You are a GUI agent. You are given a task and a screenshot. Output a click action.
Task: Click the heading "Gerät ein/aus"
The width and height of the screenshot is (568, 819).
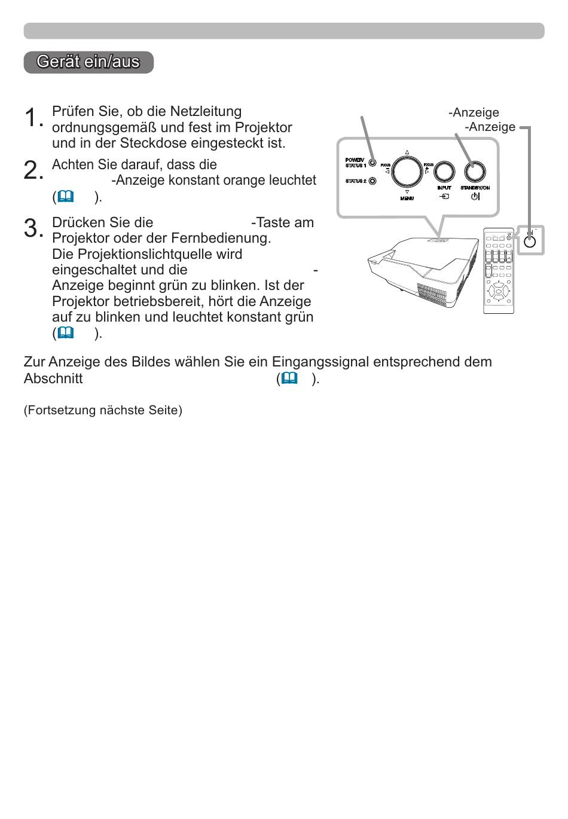tap(88, 62)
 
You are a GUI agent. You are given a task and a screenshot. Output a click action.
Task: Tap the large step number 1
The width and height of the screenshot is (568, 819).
tap(33, 117)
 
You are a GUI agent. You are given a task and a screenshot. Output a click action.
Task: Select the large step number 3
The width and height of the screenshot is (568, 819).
tap(33, 227)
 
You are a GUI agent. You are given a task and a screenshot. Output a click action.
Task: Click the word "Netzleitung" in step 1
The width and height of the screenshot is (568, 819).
tap(206, 111)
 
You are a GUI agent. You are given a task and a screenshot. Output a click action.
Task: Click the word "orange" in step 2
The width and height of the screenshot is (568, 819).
tap(245, 181)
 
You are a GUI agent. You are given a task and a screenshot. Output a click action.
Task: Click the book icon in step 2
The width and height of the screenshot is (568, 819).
tap(66, 197)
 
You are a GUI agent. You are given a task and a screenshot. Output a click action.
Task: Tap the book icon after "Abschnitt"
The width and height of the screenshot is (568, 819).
tap(289, 378)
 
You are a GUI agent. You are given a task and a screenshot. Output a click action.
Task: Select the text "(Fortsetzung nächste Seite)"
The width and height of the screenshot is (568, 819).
tap(103, 410)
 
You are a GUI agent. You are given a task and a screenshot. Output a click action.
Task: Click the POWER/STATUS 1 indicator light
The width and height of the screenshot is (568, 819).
tap(372, 163)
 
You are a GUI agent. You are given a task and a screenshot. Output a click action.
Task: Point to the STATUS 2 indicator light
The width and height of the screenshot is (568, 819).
tap(372, 181)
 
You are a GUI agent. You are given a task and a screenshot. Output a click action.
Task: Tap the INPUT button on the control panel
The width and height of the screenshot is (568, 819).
tap(444, 171)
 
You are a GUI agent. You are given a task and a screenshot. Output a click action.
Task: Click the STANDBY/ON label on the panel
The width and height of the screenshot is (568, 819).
tap(475, 188)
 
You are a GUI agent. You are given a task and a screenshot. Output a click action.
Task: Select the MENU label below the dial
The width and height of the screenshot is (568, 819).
tap(407, 198)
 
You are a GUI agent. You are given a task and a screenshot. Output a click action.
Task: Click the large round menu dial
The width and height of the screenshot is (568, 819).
tap(407, 171)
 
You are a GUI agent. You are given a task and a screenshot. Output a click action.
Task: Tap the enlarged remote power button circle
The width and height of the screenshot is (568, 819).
tap(530, 242)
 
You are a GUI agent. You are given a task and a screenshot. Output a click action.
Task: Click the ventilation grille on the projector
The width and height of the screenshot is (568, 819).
tap(432, 294)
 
